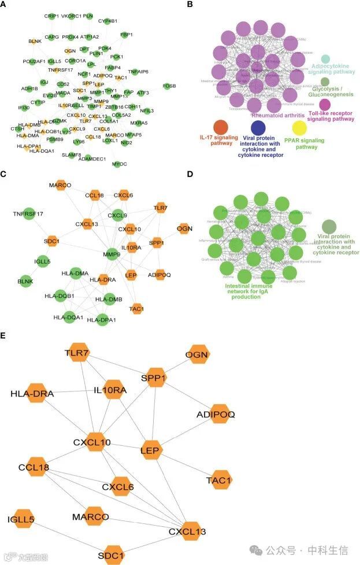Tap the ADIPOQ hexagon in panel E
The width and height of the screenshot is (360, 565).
click(220, 414)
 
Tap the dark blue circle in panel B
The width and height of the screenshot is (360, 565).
click(258, 127)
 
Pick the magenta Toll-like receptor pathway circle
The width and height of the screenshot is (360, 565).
click(325, 104)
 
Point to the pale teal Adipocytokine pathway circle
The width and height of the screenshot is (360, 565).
click(325, 58)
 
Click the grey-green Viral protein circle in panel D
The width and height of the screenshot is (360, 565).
click(329, 226)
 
